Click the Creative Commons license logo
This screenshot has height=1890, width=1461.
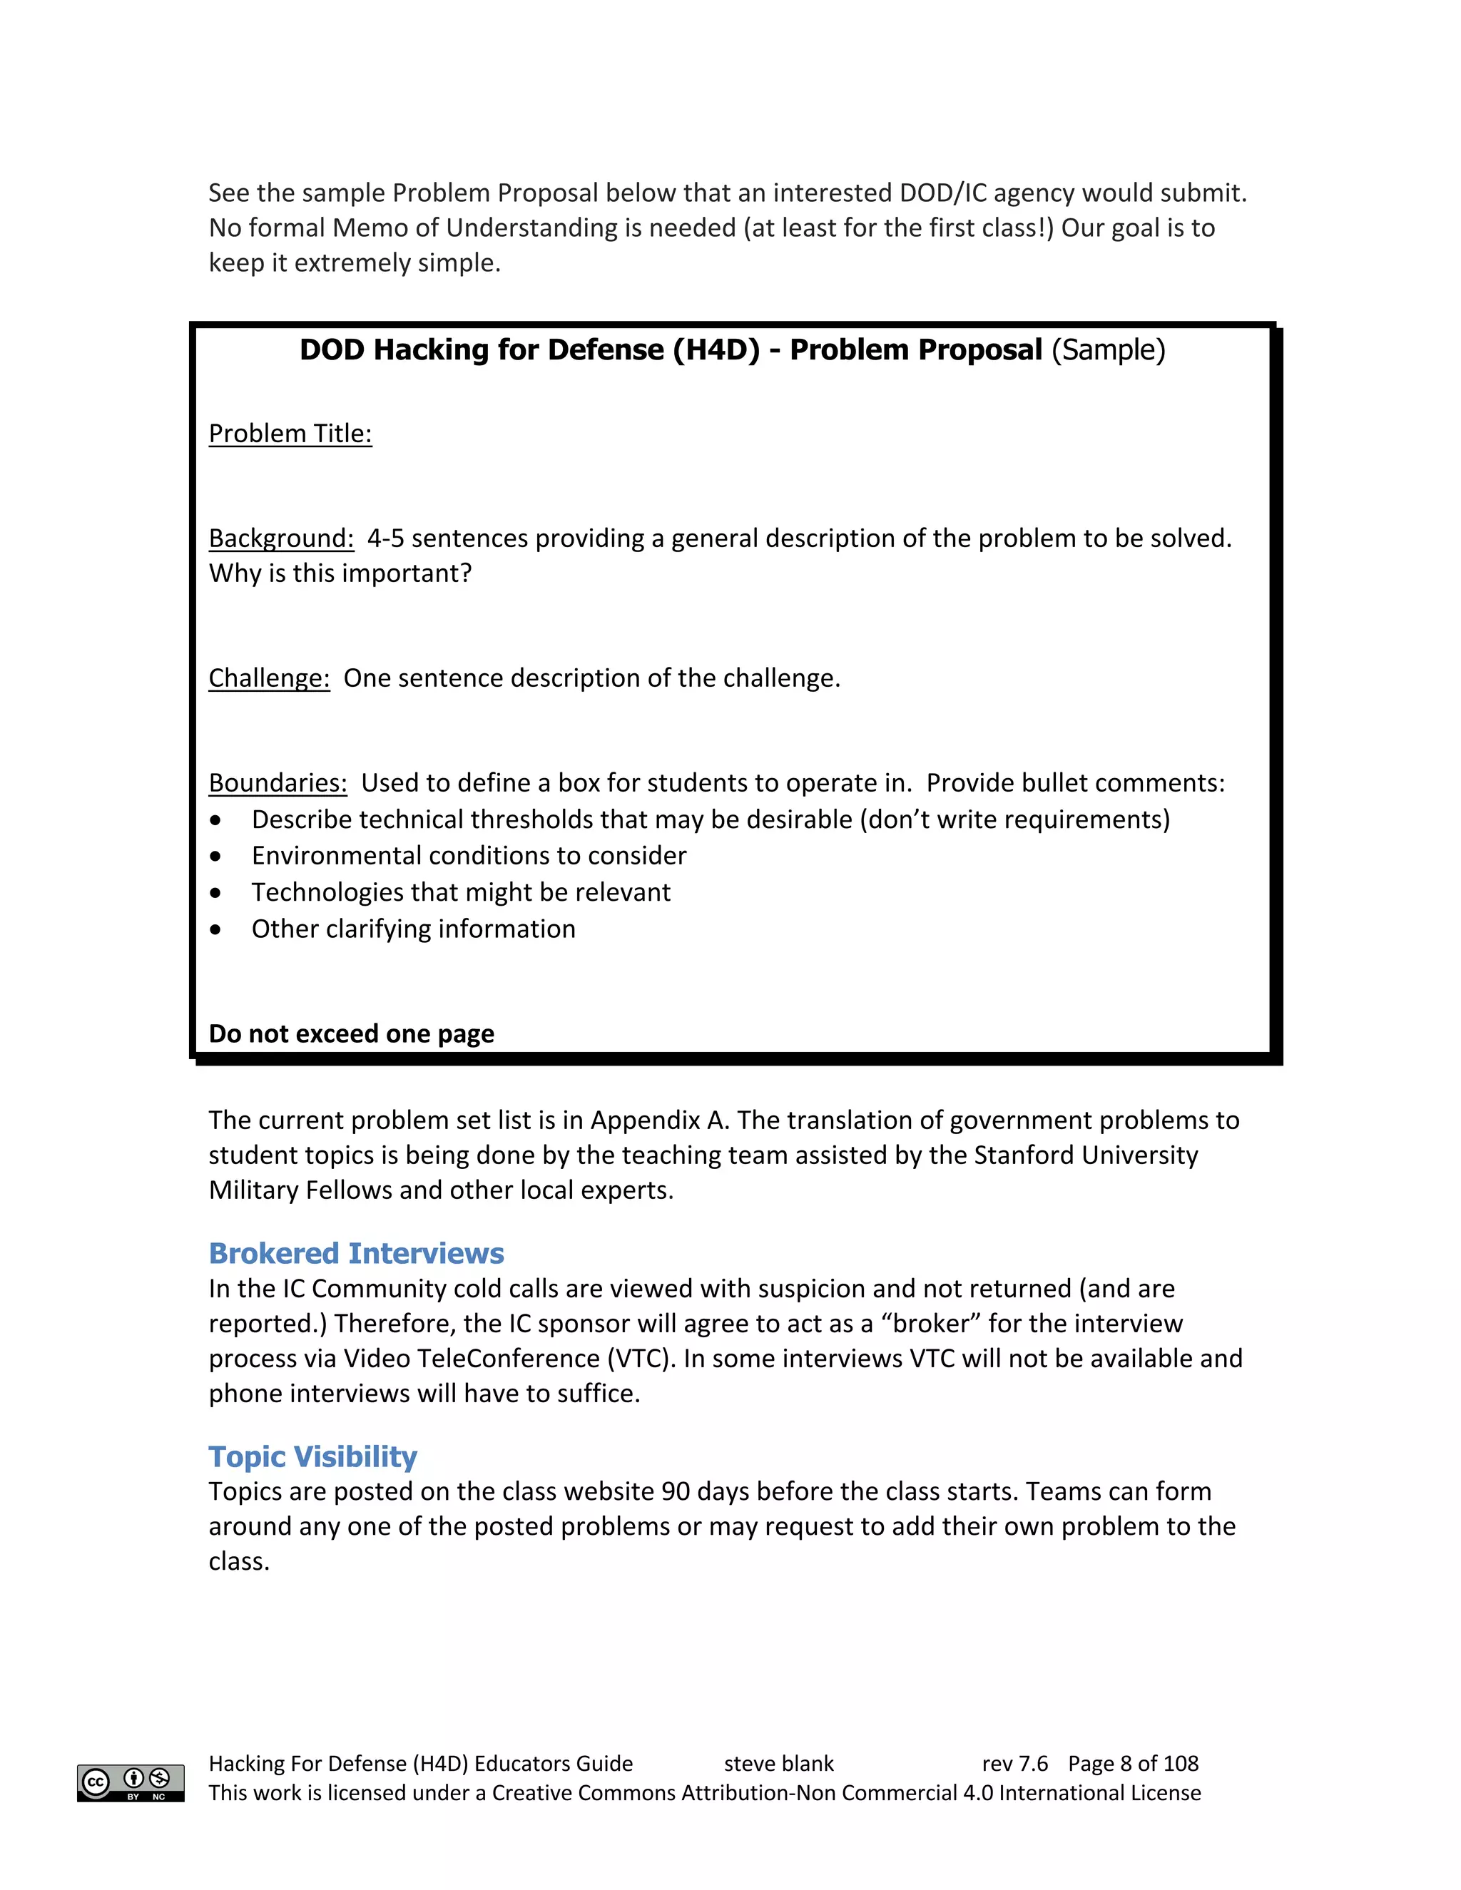131,1783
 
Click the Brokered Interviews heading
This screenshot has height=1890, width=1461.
356,1253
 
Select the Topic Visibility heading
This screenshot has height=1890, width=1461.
312,1456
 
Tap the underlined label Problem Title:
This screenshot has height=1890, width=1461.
290,433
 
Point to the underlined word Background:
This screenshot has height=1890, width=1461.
281,538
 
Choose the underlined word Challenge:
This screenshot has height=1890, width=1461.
269,678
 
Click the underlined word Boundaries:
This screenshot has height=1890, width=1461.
278,782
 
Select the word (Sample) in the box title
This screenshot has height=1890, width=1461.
1108,349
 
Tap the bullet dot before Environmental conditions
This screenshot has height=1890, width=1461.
215,857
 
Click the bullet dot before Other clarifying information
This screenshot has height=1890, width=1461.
215,930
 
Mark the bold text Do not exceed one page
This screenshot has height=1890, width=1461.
352,1033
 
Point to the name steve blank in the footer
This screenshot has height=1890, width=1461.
778,1764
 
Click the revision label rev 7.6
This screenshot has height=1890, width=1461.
1014,1764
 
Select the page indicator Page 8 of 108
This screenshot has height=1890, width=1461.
1133,1764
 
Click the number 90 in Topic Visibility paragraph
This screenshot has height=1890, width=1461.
675,1492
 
